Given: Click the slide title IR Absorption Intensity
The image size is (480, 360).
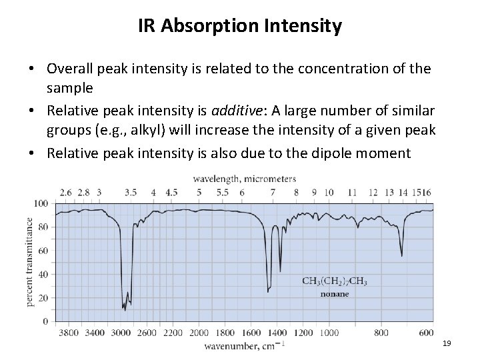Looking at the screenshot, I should [240, 27].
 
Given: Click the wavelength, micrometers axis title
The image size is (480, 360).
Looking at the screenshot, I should [244, 179].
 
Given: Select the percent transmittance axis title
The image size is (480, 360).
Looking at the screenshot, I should [31, 262].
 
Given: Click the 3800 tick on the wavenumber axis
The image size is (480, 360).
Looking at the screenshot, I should [69, 332].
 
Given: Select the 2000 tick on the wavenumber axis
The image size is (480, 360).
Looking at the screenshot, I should [199, 332].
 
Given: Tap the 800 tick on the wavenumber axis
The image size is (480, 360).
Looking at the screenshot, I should [381, 332].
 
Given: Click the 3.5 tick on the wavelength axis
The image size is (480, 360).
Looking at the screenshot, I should [131, 192].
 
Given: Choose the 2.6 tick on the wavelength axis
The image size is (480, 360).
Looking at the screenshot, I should [66, 192].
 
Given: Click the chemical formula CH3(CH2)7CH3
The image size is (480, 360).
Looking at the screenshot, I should [335, 281].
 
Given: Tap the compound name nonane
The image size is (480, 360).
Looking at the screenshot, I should [335, 293].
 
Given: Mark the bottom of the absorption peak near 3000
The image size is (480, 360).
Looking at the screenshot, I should [125, 309].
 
